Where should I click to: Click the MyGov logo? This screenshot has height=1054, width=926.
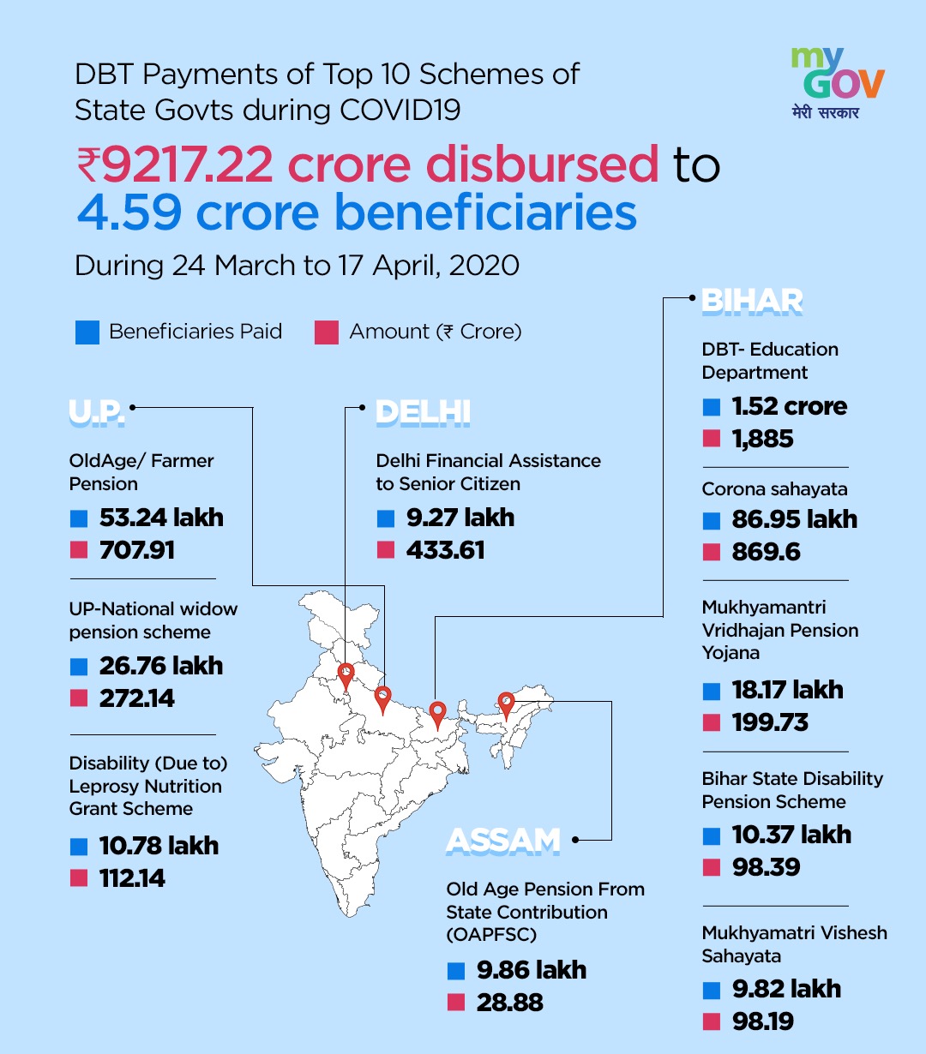pyautogui.click(x=838, y=82)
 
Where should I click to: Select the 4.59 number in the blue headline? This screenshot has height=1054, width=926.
pyautogui.click(x=129, y=212)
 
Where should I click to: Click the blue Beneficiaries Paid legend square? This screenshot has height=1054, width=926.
pyautogui.click(x=87, y=332)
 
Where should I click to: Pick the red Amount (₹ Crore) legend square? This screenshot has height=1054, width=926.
pyautogui.click(x=327, y=332)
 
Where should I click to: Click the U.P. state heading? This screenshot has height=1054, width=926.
pyautogui.click(x=97, y=412)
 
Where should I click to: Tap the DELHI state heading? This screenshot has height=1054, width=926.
pyautogui.click(x=423, y=412)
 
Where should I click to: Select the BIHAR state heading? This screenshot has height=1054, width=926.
pyautogui.click(x=752, y=302)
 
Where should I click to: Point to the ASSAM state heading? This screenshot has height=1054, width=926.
pyautogui.click(x=502, y=841)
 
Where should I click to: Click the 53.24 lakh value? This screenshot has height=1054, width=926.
pyautogui.click(x=161, y=518)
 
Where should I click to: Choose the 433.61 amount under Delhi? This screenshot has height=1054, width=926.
pyautogui.click(x=446, y=550)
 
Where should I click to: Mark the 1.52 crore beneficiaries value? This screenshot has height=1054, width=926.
pyautogui.click(x=790, y=406)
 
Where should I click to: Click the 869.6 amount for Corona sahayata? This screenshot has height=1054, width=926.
pyautogui.click(x=766, y=552)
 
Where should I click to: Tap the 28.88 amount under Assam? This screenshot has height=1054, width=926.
pyautogui.click(x=509, y=1003)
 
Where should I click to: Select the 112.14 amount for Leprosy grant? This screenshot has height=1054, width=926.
pyautogui.click(x=132, y=878)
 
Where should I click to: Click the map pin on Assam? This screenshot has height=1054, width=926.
pyautogui.click(x=506, y=706)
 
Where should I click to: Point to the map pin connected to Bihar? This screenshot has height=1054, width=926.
pyautogui.click(x=438, y=716)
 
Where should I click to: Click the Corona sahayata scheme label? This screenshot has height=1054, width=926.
pyautogui.click(x=774, y=489)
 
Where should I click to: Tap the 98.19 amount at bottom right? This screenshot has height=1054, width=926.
pyautogui.click(x=762, y=1021)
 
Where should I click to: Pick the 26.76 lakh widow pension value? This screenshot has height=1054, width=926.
pyautogui.click(x=161, y=666)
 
